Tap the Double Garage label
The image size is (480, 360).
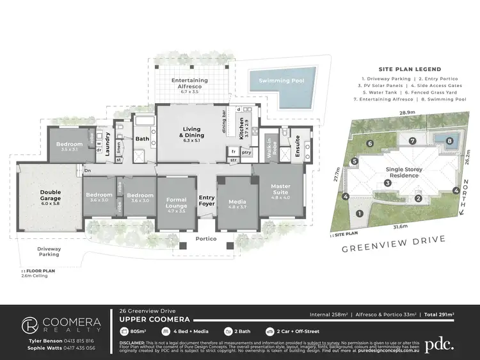pyautogui.click(x=51, y=195)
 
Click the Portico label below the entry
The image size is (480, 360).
pyautogui.click(x=207, y=239)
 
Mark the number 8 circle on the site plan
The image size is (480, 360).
pyautogui.click(x=450, y=141)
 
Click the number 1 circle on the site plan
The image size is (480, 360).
pyautogui.click(x=359, y=213)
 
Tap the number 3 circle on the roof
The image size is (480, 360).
pyautogui.click(x=387, y=183)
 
